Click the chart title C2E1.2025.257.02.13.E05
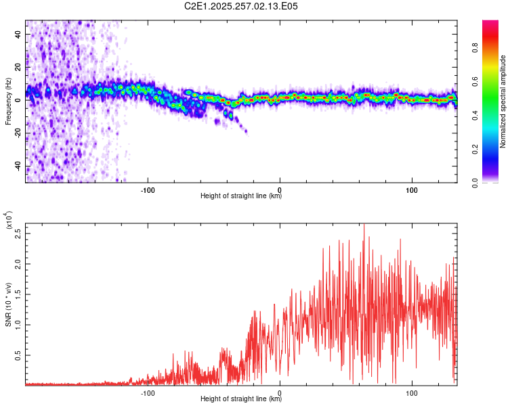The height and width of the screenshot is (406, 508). pos(241,6)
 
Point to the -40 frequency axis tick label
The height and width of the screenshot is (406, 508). pos(18,166)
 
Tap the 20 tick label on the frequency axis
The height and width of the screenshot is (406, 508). pos(18,66)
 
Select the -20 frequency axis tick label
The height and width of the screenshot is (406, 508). pos(18,133)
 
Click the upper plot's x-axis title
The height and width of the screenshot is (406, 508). pos(241,196)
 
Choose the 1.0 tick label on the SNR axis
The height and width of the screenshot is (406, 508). pos(18,324)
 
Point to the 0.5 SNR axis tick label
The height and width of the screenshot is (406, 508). pos(18,354)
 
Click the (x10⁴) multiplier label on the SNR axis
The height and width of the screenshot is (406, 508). pos(8,221)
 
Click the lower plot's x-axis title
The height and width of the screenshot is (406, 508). pos(241,399)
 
